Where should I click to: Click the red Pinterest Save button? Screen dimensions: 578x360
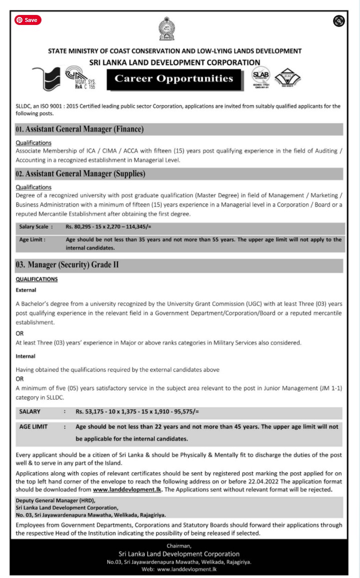[x=27, y=20]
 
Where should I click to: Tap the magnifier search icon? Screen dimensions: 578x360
[x=339, y=20]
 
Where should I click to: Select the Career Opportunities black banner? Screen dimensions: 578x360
[x=174, y=78]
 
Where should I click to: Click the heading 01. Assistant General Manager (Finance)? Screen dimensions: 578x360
[x=80, y=129]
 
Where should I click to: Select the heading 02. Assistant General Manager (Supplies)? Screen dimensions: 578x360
[x=81, y=174]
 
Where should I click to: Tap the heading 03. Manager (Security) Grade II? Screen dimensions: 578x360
[x=67, y=265]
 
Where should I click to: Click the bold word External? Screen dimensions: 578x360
[x=26, y=290]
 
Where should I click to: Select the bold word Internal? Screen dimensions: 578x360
[x=25, y=356]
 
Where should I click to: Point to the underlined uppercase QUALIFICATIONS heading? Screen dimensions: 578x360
[x=37, y=279]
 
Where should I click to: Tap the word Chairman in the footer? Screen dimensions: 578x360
[x=180, y=546]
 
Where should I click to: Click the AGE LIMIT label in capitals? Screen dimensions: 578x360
[x=33, y=427]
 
